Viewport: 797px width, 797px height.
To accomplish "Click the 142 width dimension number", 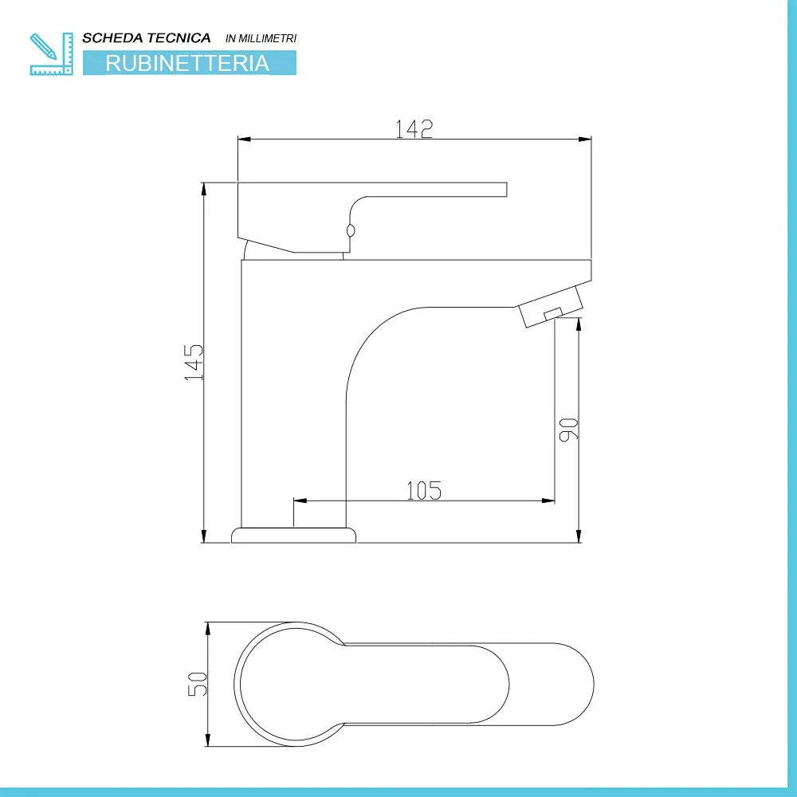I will point(414,128).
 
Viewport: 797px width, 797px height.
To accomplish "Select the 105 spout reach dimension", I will point(423,490).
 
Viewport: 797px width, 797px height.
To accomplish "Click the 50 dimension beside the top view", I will point(198,684).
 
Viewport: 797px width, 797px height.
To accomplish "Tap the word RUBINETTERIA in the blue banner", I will point(188,63).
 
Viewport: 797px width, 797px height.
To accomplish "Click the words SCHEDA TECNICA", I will point(147,37).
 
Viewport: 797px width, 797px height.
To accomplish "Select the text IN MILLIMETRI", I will point(261,38).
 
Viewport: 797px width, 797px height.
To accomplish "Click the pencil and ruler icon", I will point(50,53).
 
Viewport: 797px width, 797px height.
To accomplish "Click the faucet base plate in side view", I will point(292,534).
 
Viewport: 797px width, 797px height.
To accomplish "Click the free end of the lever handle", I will point(502,189).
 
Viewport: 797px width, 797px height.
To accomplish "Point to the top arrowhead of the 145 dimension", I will point(205,188).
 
